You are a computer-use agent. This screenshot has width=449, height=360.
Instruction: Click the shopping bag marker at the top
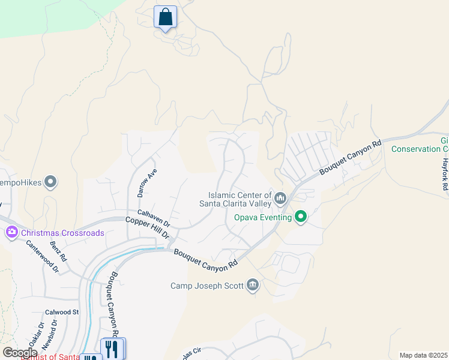(x=165, y=17)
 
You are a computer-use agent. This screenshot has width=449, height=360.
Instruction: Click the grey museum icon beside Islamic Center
(x=280, y=197)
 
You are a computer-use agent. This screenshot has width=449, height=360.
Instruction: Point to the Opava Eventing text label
(x=262, y=217)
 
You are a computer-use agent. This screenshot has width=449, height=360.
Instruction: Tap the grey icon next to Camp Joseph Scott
(x=253, y=285)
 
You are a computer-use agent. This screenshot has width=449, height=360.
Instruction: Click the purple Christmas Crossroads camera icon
(x=11, y=232)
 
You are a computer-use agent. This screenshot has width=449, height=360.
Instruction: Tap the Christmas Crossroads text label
(x=62, y=233)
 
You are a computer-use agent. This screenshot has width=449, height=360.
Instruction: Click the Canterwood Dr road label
(x=43, y=257)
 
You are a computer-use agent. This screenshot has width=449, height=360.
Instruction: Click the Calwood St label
(x=62, y=312)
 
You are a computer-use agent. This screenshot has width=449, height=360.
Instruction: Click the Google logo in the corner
(x=20, y=353)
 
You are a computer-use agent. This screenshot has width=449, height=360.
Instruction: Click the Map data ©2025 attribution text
(x=423, y=355)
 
